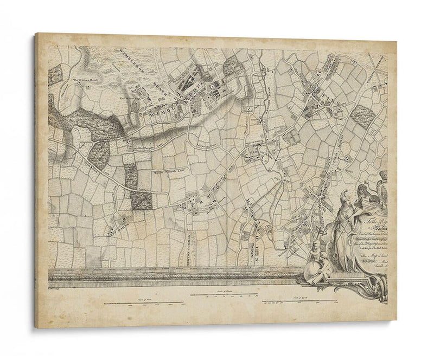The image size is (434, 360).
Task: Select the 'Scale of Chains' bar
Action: click(x=225, y=295)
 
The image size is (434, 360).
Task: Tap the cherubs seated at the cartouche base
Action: click(x=315, y=260)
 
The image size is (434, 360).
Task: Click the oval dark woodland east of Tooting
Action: click(x=362, y=115)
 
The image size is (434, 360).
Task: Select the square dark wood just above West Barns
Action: click(x=142, y=200)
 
